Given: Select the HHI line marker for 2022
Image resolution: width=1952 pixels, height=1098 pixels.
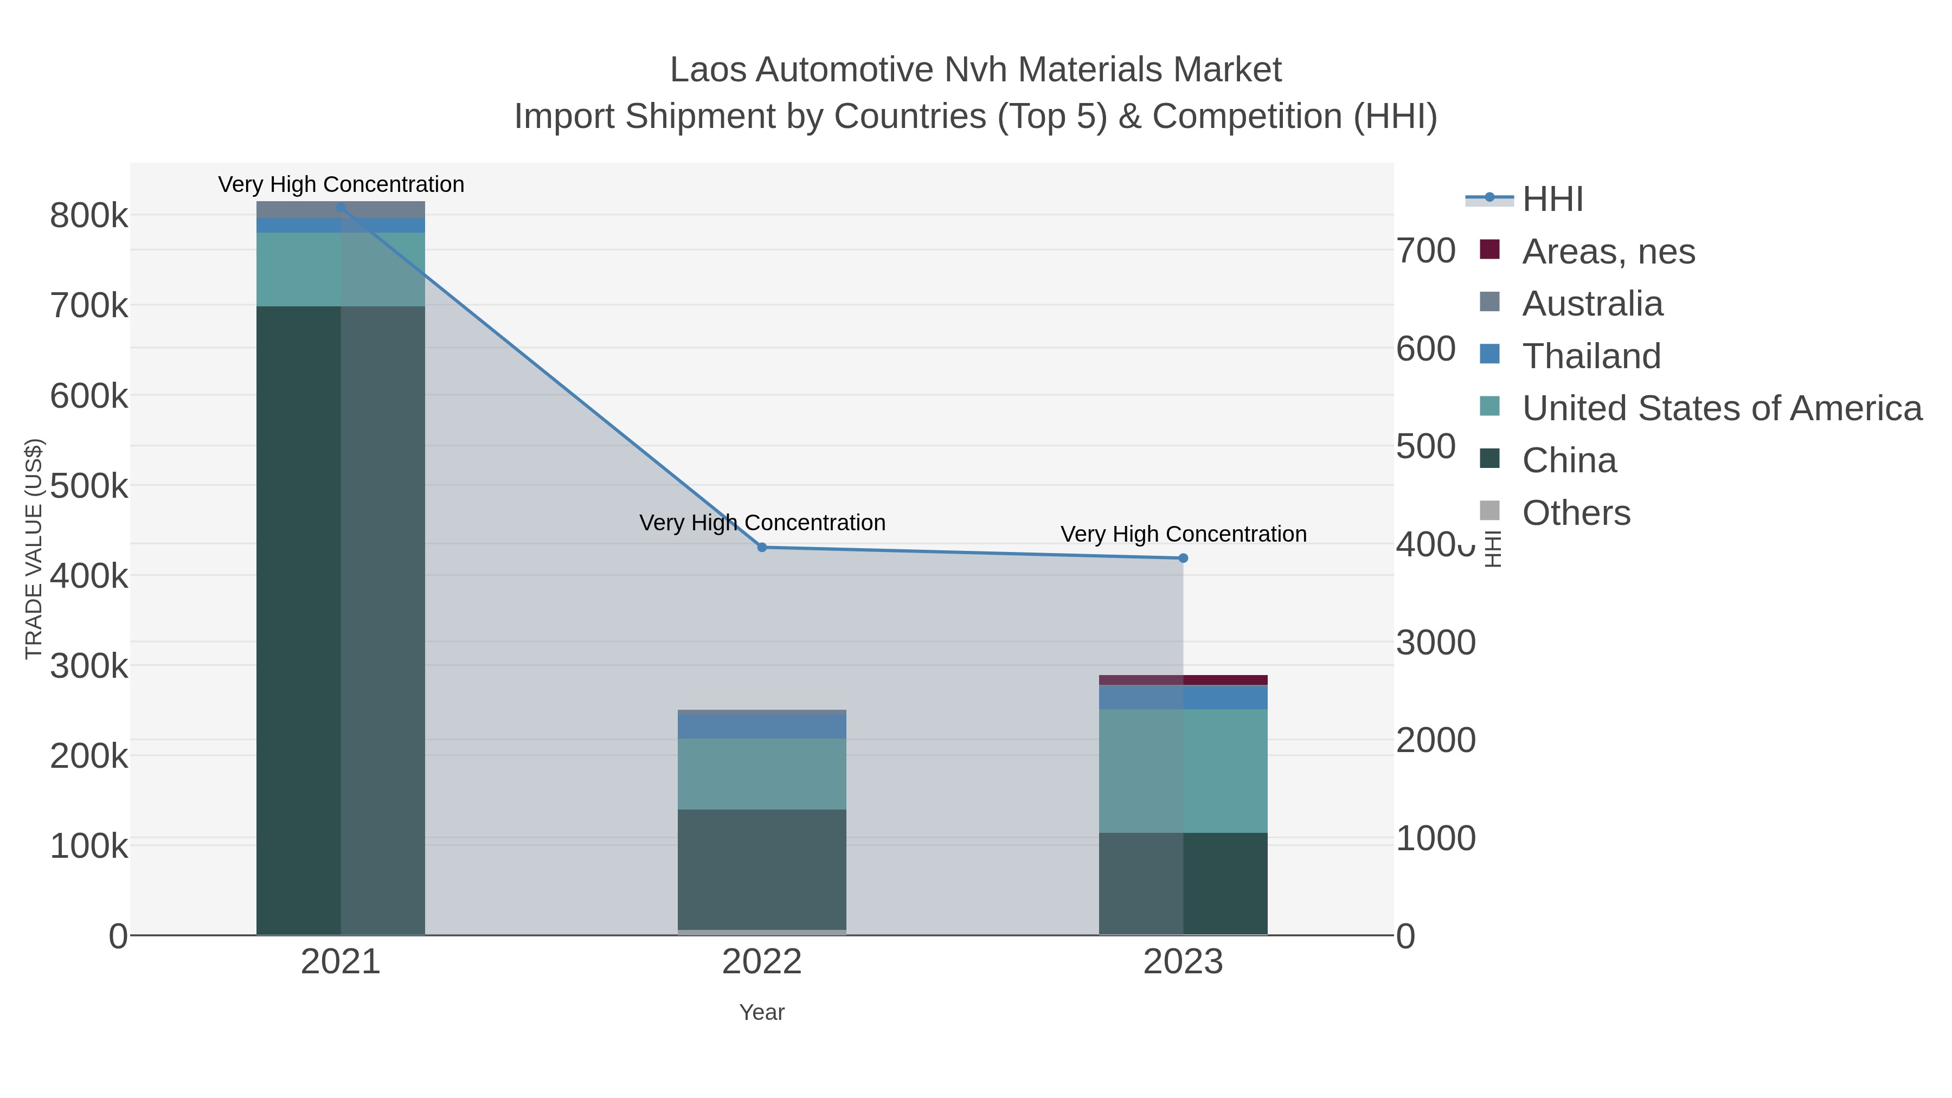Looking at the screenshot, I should pos(762,547).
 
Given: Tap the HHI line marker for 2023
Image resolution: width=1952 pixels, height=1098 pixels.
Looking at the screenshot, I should pos(1183,558).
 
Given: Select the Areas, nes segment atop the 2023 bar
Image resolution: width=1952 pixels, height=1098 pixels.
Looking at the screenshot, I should pos(1183,680).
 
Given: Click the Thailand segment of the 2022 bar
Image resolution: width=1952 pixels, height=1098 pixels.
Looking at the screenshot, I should pos(762,726).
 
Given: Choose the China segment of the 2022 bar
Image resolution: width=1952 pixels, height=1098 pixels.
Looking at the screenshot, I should pos(762,869).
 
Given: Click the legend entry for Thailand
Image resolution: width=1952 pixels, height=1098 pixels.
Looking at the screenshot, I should pos(1591,356).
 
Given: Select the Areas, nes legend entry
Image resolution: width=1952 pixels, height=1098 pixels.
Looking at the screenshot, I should pos(1608,252).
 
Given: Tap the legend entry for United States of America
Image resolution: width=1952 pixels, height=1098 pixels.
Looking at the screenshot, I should pos(1722,408).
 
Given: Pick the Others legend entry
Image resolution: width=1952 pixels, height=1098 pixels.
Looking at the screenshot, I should pos(1576,513).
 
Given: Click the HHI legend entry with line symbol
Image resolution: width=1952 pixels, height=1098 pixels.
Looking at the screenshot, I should pos(1552,200).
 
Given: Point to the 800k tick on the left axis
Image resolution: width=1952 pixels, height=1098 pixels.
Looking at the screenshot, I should pos(89,216).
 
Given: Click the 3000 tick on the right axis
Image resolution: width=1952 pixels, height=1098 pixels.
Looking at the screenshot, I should pos(1435,643).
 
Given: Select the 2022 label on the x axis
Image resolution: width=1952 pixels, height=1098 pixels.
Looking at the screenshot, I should pos(762,962).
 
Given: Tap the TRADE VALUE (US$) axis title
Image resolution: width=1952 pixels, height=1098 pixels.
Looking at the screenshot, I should pos(34,549).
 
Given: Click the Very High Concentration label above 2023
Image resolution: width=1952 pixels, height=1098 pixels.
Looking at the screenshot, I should pos(1183,534).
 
